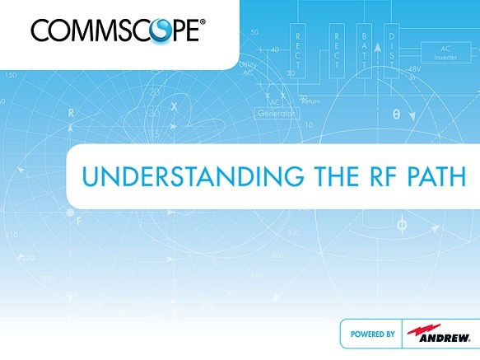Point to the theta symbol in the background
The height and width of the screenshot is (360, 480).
click(396, 116)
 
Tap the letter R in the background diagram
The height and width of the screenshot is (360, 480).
click(72, 111)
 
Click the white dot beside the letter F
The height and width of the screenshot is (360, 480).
click(69, 213)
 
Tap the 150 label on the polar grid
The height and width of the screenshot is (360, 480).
click(11, 75)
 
